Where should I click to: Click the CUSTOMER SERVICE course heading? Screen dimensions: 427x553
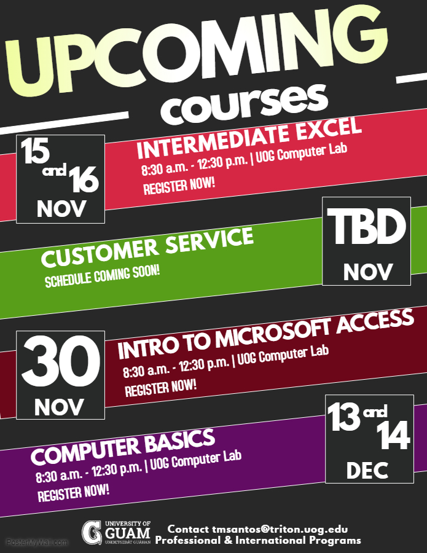point(147,247)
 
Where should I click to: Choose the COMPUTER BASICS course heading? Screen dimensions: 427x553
point(123,447)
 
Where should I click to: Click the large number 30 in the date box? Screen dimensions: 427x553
point(61,361)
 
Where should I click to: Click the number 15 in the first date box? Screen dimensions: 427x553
point(35,151)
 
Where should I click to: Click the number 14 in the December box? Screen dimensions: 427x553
point(393,436)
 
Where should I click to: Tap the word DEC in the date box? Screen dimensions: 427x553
point(367,471)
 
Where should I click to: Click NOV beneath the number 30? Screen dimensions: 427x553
point(59,407)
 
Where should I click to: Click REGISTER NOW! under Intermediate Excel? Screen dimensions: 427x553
point(179,186)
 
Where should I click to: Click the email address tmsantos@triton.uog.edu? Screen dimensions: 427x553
point(280,529)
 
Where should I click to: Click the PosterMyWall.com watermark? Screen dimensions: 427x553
point(37,543)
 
